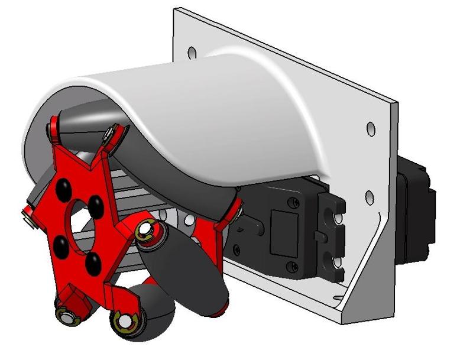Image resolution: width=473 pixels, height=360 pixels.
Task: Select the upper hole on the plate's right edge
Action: coord(371,128)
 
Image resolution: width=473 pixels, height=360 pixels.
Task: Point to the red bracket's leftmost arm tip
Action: coord(27,216)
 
